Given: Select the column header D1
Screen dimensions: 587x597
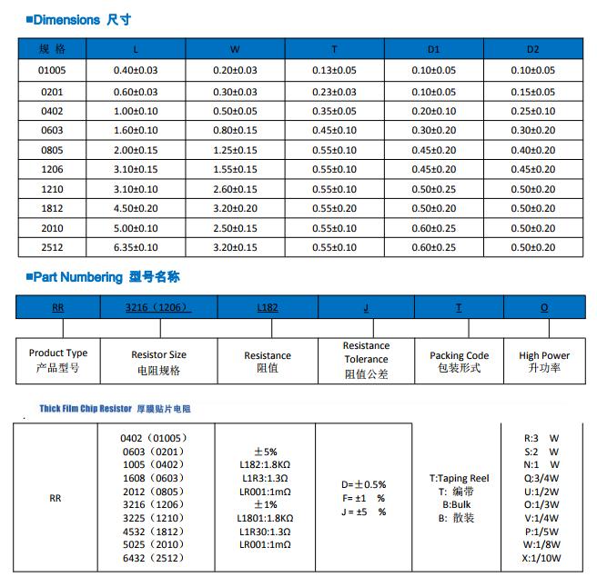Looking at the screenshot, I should (433, 49).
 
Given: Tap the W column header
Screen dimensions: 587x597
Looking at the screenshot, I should (235, 49).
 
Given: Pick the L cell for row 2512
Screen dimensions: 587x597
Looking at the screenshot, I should (136, 246).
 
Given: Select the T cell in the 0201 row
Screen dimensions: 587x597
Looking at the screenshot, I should (334, 92).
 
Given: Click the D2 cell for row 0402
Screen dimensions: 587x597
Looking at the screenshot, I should (532, 111).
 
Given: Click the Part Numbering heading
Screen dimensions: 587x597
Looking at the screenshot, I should (91, 277).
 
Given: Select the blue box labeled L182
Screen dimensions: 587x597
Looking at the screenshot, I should (268, 308).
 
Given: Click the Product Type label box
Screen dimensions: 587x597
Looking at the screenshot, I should (58, 360).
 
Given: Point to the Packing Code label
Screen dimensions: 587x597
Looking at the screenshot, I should (459, 361).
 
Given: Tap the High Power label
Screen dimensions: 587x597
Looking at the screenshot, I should (544, 361).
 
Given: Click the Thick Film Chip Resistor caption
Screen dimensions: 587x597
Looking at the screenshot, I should (115, 409).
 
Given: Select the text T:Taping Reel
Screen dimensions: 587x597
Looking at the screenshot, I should (459, 478).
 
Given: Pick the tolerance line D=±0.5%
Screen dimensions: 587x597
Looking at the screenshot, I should (363, 484).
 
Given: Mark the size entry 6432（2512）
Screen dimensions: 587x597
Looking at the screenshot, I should (152, 558).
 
